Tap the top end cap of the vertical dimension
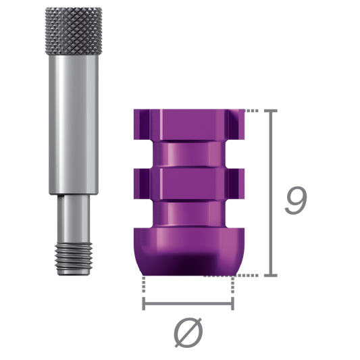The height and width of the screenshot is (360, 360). tap(272, 109)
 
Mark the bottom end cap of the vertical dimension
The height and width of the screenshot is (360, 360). tap(272, 275)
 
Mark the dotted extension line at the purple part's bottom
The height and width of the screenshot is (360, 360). tap(249, 275)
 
